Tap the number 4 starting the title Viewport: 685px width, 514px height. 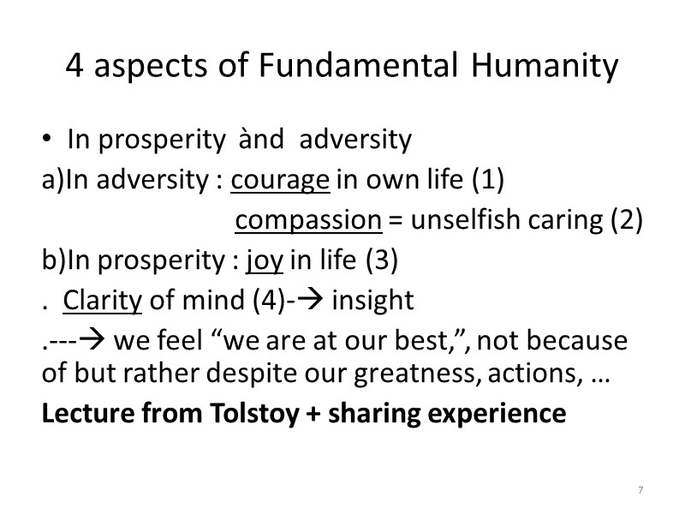pos(74,66)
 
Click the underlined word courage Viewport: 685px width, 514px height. pos(280,180)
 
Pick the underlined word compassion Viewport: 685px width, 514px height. pos(308,220)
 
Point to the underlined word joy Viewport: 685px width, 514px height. pos(265,260)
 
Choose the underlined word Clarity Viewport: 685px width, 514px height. pos(101,301)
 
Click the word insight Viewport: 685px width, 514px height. pos(372,301)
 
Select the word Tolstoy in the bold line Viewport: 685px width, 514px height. pos(259,413)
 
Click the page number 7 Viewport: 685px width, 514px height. pos(640,489)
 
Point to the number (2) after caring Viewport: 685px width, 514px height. pos(627,220)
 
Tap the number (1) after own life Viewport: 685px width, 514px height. pos(488,180)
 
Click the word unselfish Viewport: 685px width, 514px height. pos(464,220)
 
